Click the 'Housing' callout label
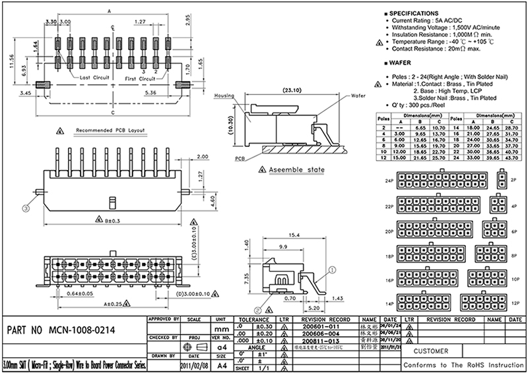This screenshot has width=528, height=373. tap(226, 96)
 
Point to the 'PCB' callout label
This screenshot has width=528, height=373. tap(225, 159)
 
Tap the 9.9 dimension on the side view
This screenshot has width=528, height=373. tap(282, 247)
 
